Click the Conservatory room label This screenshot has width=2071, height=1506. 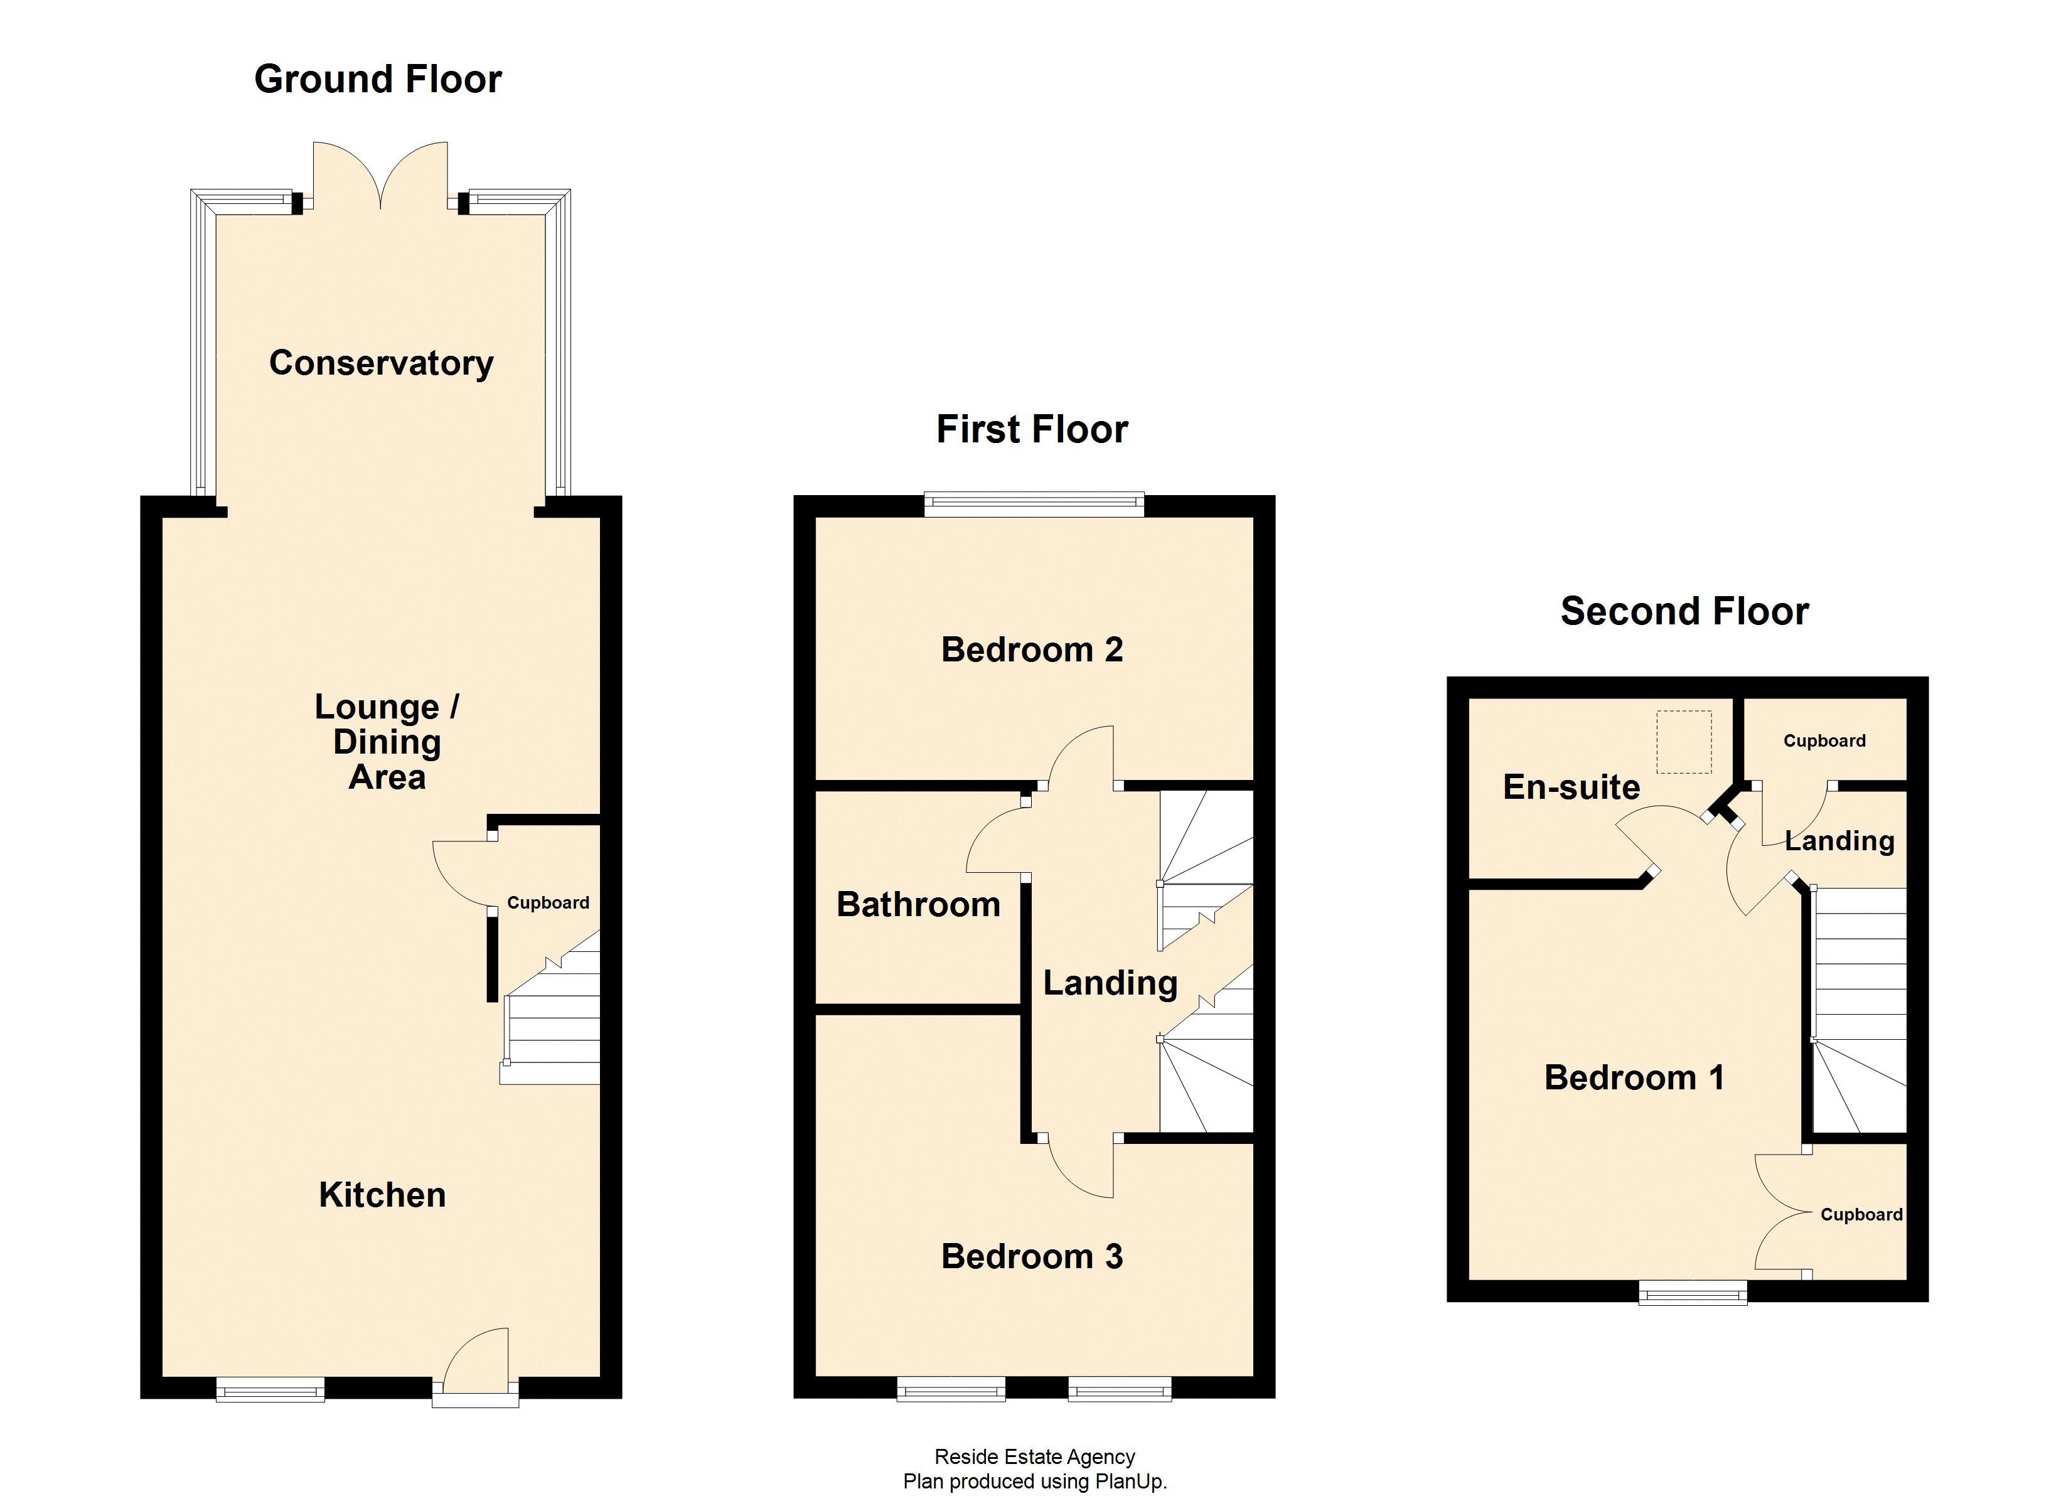381,363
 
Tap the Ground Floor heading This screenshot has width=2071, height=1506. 377,80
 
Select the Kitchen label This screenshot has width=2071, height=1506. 382,1195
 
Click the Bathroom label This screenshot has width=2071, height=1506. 918,904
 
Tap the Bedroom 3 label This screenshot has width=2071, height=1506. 1032,1257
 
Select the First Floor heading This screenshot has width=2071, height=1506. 1032,429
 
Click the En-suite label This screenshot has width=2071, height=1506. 1571,788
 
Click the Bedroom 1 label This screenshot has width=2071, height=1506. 1634,1077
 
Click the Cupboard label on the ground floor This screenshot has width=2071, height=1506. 548,903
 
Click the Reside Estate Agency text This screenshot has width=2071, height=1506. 1035,1456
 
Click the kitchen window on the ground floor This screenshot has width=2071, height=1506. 270,1389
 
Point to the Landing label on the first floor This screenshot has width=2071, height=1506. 1110,983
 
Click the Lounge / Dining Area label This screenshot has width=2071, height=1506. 387,742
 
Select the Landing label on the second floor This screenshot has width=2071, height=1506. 1839,840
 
